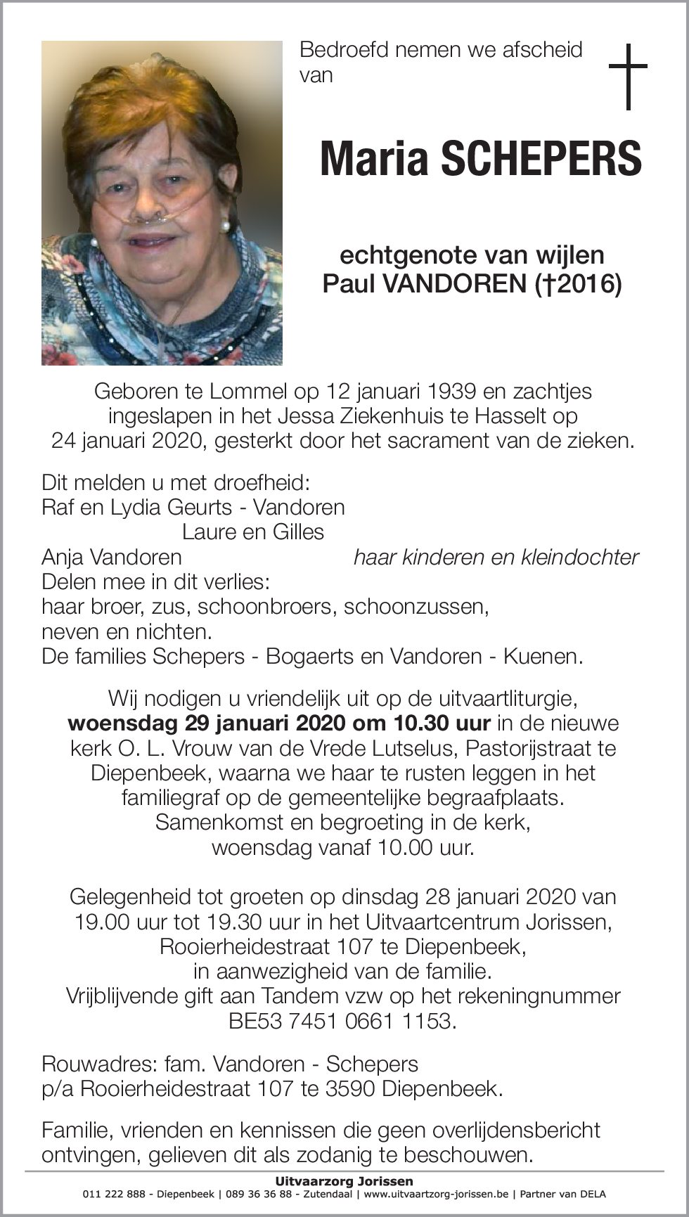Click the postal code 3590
(x=350, y=1088)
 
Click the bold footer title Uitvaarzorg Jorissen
(x=344, y=1181)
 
